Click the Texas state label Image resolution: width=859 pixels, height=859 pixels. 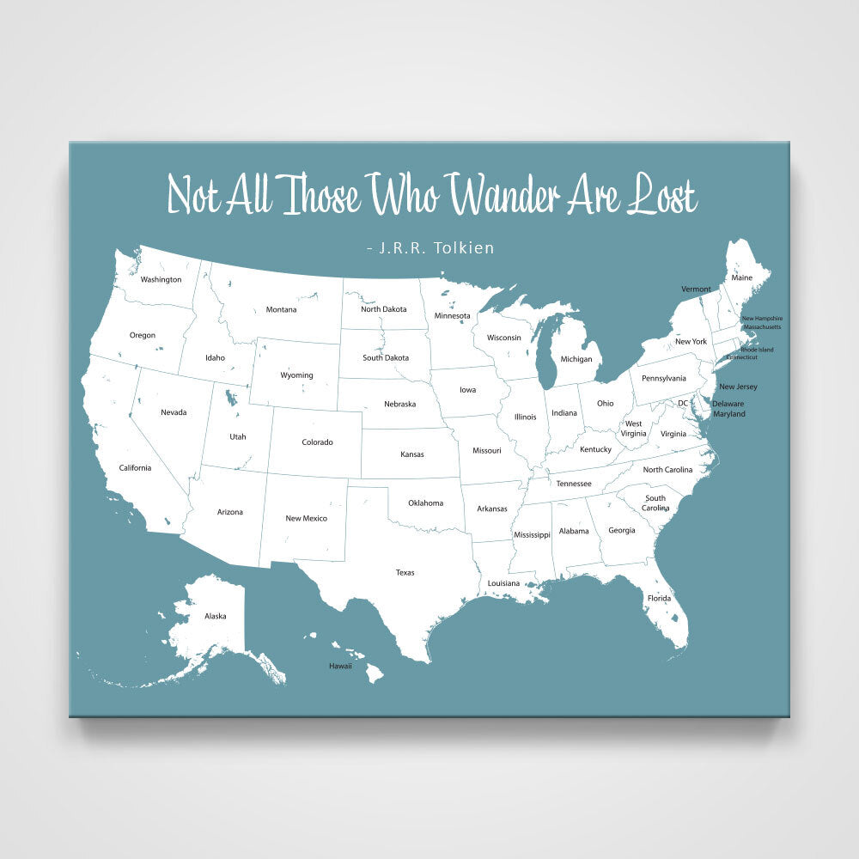point(405,572)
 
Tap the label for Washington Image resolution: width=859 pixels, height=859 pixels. point(161,279)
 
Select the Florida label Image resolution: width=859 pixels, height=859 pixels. point(659,598)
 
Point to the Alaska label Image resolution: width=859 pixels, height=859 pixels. point(215,616)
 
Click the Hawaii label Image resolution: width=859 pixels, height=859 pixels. point(340,666)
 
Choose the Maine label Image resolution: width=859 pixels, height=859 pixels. point(741,277)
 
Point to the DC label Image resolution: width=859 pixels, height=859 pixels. point(683,403)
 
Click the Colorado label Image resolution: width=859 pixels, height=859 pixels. point(317,442)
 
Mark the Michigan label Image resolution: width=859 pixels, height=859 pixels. point(576,358)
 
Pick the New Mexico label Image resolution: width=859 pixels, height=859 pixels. point(306,518)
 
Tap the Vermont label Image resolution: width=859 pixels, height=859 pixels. point(696,289)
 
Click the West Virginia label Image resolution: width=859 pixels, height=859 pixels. point(634,429)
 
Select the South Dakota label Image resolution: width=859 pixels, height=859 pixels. point(386,357)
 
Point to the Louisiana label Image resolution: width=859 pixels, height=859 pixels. point(503,583)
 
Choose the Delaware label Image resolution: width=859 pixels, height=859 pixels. point(728,404)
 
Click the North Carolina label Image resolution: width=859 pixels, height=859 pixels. point(679,469)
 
